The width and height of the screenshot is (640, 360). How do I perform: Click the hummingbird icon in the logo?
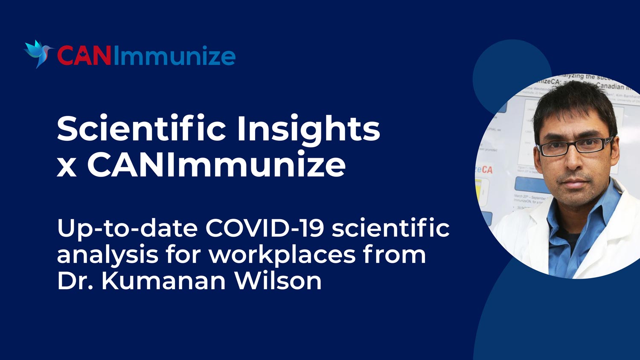coord(38,53)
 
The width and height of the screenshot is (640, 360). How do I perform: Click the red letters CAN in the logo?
coord(84,56)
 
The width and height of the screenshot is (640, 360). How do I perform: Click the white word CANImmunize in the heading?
coord(216,165)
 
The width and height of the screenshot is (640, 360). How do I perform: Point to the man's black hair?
coord(572,102)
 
